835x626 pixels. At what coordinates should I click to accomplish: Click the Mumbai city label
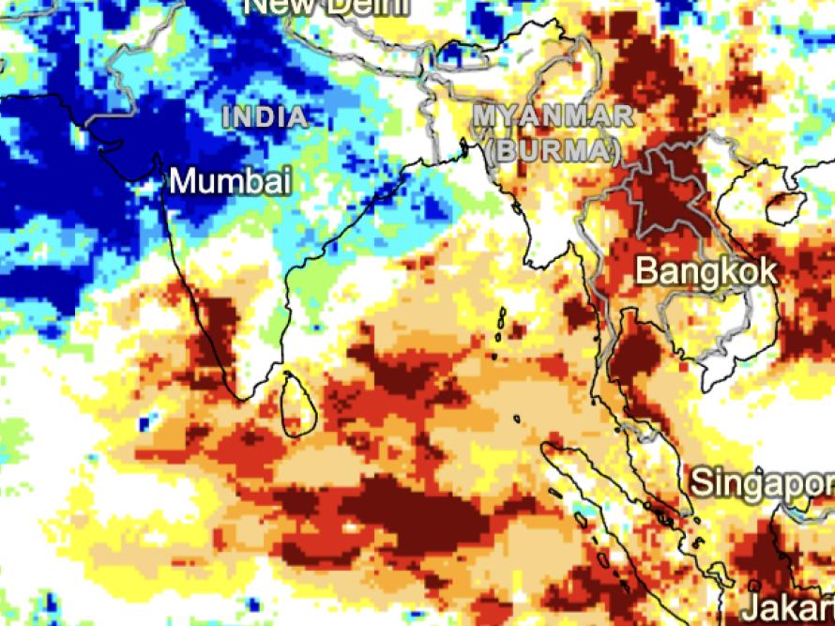click(230, 181)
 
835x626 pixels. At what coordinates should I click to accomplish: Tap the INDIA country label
click(266, 118)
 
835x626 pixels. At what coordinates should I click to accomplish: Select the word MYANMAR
click(553, 117)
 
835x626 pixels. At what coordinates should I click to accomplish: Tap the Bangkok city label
click(706, 271)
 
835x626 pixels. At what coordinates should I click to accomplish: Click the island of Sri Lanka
click(300, 405)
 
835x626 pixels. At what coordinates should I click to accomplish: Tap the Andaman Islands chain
click(502, 328)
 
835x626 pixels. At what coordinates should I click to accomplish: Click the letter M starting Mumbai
click(183, 181)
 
